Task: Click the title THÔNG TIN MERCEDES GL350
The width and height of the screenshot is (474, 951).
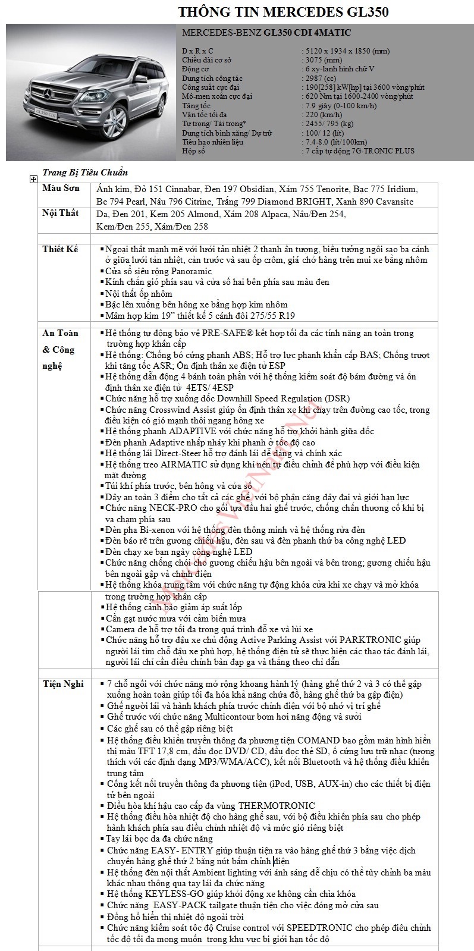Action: tap(284, 12)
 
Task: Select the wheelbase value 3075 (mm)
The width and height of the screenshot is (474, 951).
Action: tap(323, 60)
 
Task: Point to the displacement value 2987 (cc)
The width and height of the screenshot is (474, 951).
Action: tap(320, 78)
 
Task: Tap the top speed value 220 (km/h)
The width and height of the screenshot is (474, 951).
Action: tap(322, 115)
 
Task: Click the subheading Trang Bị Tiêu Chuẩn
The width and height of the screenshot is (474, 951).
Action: tap(85, 173)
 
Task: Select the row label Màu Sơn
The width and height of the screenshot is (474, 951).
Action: tap(61, 189)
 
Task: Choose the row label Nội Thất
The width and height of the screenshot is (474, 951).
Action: tap(61, 213)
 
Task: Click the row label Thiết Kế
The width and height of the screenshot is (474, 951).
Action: tap(60, 249)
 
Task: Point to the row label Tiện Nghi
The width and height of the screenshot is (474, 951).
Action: tap(62, 684)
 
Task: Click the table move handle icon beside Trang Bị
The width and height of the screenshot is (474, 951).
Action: tap(33, 178)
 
